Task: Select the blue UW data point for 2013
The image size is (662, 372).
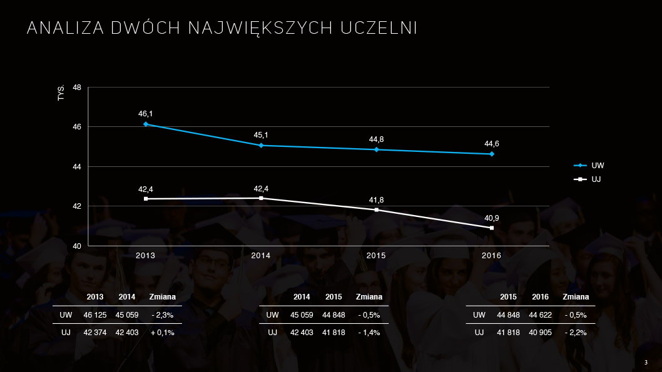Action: coord(146,124)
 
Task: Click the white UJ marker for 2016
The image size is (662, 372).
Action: coord(492,228)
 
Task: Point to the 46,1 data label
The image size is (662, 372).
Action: coord(146,114)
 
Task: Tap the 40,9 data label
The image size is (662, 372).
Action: coord(492,218)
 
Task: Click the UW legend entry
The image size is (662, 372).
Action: coord(598,166)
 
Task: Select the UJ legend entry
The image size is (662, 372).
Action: coord(596,179)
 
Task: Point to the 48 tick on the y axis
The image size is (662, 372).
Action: coord(77,88)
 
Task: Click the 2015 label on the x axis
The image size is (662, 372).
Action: coord(376,256)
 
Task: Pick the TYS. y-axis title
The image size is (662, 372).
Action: coord(61,94)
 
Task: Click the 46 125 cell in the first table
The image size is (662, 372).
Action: coord(95,315)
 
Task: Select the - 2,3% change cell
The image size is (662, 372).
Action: coord(163,315)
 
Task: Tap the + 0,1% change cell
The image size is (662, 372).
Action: coord(163,333)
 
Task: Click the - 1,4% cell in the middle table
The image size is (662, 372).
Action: coord(369,333)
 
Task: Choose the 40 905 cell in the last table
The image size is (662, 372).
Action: coord(540,333)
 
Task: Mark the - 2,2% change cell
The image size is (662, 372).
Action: coord(576,333)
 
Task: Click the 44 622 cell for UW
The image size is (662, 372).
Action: coord(540,315)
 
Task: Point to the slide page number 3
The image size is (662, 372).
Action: coord(646,362)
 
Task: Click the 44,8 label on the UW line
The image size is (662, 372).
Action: coord(376,139)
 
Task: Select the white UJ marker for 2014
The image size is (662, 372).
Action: coord(261,198)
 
